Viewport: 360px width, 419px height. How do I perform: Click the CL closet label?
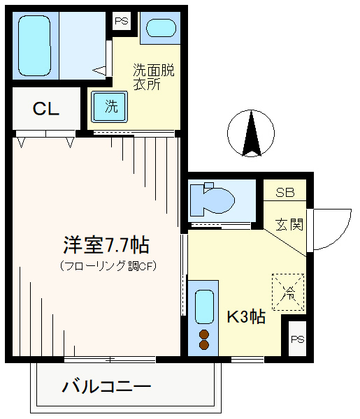tap(45, 109)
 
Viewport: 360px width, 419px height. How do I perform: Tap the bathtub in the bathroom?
tap(34, 45)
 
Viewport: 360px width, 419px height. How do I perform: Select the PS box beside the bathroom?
tap(122, 21)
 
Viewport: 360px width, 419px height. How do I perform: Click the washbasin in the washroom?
tap(161, 28)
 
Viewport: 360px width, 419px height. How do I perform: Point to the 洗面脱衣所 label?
tap(153, 77)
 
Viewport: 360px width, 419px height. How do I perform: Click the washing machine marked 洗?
tap(109, 107)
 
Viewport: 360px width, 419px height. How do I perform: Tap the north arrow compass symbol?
tap(251, 133)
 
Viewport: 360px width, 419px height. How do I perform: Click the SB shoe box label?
tap(285, 193)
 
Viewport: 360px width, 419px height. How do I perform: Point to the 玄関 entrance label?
tap(289, 224)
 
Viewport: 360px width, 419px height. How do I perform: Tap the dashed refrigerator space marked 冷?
tap(288, 292)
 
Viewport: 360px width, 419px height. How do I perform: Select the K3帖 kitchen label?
tap(246, 317)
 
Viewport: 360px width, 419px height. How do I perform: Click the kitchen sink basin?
tap(204, 307)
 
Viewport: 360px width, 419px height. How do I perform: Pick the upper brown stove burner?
tap(204, 335)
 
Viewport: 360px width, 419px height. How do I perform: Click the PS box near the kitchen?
tap(297, 339)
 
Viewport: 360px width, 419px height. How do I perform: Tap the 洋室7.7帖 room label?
tap(106, 245)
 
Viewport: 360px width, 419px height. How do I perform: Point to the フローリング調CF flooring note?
tap(108, 266)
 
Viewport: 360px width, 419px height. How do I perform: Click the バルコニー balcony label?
tap(107, 386)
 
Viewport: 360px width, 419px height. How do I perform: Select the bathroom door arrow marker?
tap(99, 71)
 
